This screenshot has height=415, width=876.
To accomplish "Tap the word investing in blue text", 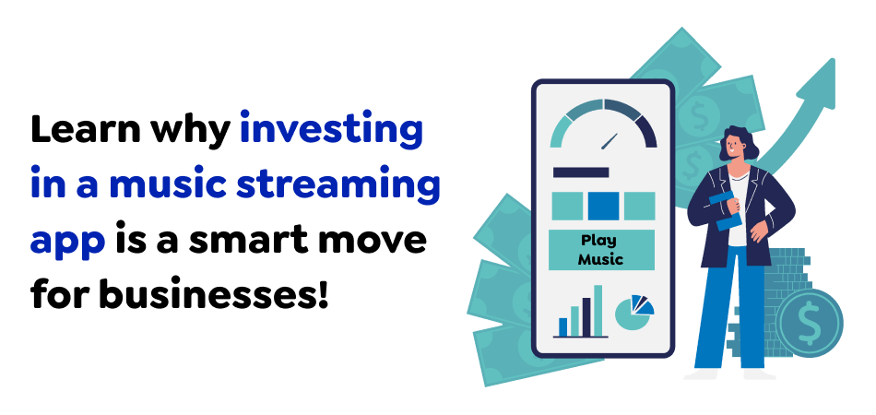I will point(330,131).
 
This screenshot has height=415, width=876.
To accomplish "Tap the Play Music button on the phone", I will point(601,249).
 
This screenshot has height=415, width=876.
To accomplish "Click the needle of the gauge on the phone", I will point(608,142).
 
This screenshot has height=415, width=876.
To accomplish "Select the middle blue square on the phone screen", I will point(602,205).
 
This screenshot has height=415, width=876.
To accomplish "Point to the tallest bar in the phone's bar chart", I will point(598,310).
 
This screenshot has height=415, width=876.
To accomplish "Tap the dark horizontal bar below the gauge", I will point(580,172).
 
